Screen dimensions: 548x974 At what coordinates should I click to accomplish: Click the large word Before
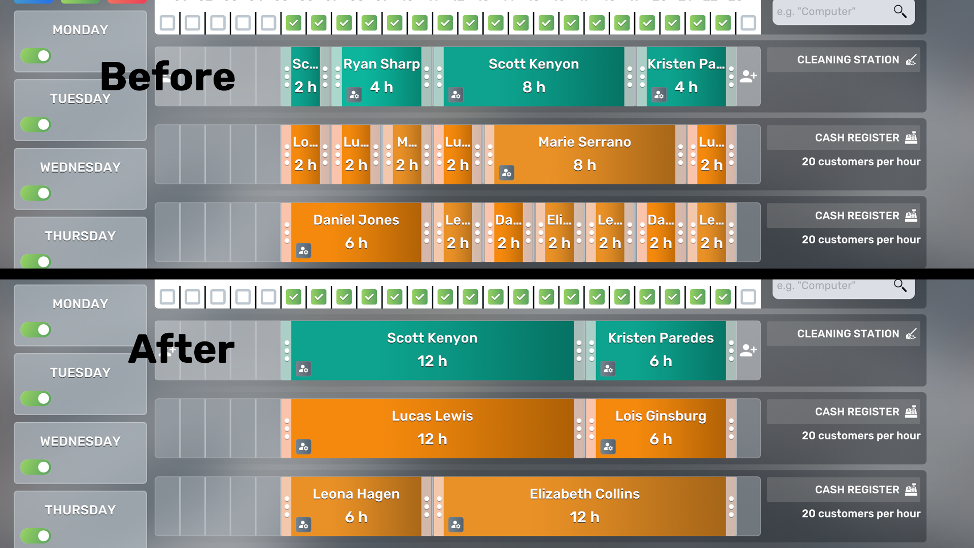point(167,77)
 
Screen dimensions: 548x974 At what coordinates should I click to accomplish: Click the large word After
point(181,350)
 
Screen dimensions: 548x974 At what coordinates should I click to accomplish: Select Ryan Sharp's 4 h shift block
point(381,76)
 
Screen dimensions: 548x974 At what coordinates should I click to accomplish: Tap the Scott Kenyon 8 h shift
point(534,76)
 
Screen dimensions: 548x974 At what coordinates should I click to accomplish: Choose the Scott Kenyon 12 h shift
point(432,350)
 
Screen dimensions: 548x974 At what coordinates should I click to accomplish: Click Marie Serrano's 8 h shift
point(584,154)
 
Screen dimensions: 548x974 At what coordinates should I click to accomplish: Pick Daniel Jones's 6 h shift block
point(356,232)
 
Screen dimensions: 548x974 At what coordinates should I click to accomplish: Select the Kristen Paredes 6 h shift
point(660,350)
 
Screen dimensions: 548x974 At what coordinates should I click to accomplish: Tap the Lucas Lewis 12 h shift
point(432,428)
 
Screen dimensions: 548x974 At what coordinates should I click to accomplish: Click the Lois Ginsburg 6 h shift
point(660,428)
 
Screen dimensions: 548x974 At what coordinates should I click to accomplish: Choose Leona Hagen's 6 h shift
point(356,506)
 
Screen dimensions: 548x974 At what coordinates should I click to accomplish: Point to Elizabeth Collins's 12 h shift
point(584,506)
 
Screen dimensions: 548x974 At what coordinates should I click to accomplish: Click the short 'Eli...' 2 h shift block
point(559,232)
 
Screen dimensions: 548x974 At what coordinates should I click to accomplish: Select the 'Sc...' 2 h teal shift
point(305,76)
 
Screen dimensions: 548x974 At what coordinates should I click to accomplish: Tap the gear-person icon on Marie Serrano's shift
point(507,173)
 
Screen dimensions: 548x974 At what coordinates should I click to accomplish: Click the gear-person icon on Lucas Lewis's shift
point(304,447)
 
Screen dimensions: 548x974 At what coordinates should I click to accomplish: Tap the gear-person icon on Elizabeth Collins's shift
point(456,525)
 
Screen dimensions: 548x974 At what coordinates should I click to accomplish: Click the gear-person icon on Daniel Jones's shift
point(304,251)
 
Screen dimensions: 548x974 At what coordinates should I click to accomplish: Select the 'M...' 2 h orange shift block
point(407,154)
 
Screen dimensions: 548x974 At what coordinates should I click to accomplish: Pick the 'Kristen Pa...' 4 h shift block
point(686,76)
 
